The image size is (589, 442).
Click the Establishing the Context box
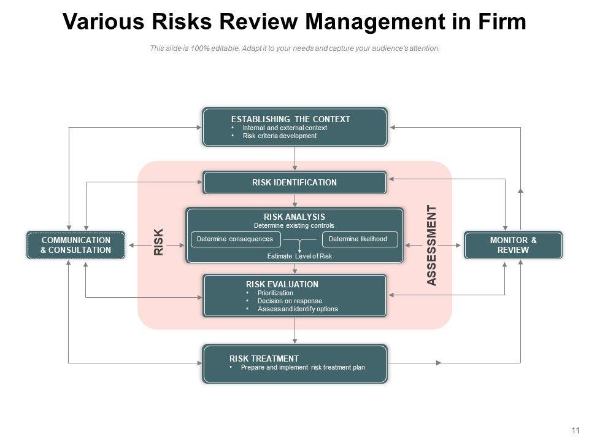coord(294,127)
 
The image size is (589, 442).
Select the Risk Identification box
coord(294,182)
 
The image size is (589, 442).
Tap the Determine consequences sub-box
coord(235,239)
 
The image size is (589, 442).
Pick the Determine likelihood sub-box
coord(359,239)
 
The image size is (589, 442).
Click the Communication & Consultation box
coord(75,245)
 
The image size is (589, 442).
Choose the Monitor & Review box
coord(513,245)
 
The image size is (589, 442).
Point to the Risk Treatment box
coord(294,363)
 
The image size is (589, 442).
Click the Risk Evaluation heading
coord(282,284)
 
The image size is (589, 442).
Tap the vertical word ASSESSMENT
coord(431,246)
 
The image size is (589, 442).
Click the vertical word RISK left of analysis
coord(159,242)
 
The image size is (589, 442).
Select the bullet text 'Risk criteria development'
coord(280,136)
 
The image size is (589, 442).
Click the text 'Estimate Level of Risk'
coord(299,256)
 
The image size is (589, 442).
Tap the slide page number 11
coord(575,430)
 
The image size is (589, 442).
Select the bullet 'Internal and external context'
coord(285,128)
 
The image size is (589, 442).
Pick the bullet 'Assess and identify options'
coord(298,309)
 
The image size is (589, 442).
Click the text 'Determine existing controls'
coord(294,226)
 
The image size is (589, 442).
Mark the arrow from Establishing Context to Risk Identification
coord(295,159)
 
